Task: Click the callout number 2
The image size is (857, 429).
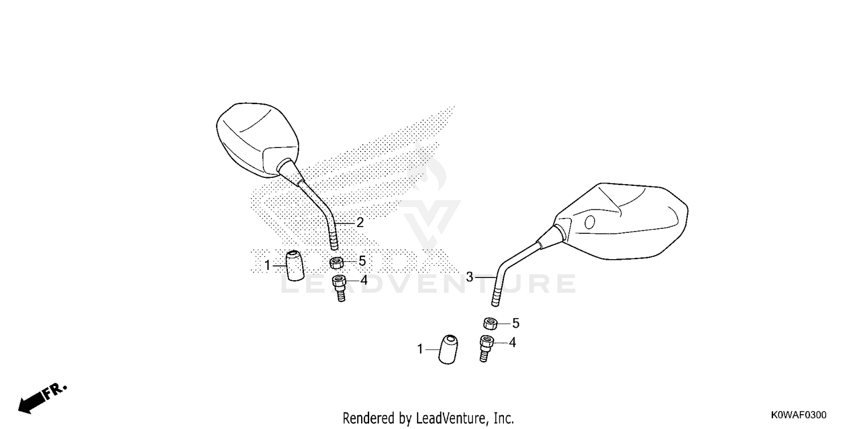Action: tap(359, 223)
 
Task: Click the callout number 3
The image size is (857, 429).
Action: tap(470, 276)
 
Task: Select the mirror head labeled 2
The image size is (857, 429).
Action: tap(258, 140)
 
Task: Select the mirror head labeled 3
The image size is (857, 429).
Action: tap(621, 221)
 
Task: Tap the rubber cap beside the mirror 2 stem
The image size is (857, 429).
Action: tap(295, 265)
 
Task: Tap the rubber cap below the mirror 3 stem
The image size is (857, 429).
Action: tap(448, 349)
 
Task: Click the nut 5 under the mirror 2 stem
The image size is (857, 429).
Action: tap(337, 263)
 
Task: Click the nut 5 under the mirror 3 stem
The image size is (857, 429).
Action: tap(490, 324)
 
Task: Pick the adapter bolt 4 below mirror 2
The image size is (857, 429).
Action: tap(339, 288)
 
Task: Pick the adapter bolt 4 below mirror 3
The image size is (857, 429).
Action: tap(486, 348)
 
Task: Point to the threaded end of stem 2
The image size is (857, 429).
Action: tap(334, 241)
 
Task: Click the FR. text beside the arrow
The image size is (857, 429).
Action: tap(55, 391)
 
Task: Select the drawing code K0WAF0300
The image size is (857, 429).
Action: tap(799, 415)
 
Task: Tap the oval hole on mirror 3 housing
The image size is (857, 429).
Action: tap(590, 222)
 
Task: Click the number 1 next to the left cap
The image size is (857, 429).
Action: tap(267, 265)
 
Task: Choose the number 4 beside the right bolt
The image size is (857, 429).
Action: tap(512, 343)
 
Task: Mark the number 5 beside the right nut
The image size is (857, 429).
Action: tap(516, 324)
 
